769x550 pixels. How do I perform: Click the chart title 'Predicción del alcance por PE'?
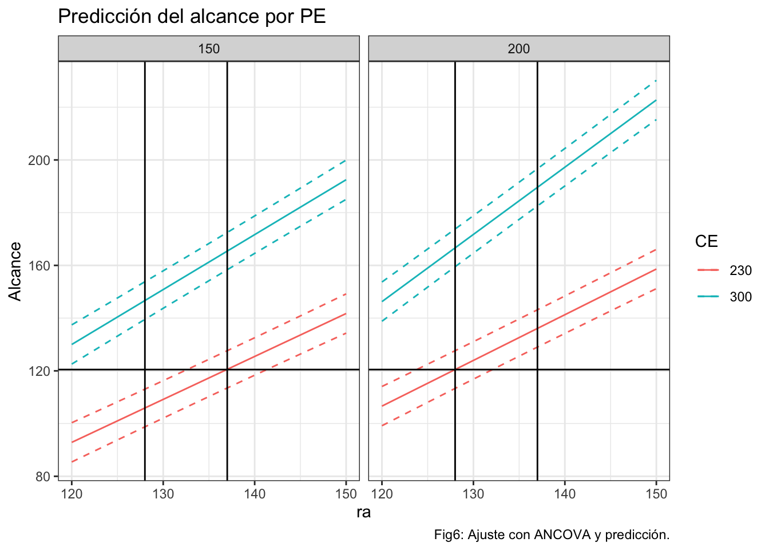click(x=192, y=17)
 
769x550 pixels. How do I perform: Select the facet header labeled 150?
click(x=209, y=49)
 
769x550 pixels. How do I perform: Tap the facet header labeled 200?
click(x=518, y=49)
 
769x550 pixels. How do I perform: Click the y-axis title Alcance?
click(x=15, y=271)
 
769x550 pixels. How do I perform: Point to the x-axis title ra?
click(x=363, y=512)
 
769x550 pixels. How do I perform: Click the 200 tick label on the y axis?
click(x=39, y=160)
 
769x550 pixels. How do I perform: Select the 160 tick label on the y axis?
click(x=39, y=265)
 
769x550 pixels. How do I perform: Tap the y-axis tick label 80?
click(x=43, y=476)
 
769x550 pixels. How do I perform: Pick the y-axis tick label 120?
click(x=39, y=371)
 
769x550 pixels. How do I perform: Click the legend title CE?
click(x=706, y=242)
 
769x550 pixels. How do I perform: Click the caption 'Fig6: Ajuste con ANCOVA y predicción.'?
click(x=552, y=535)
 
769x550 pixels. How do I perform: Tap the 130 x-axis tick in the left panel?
click(x=163, y=493)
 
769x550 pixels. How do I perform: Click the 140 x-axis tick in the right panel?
click(x=565, y=493)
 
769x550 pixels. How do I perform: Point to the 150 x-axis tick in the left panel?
click(x=346, y=493)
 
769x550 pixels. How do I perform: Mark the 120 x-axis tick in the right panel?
click(x=382, y=493)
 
